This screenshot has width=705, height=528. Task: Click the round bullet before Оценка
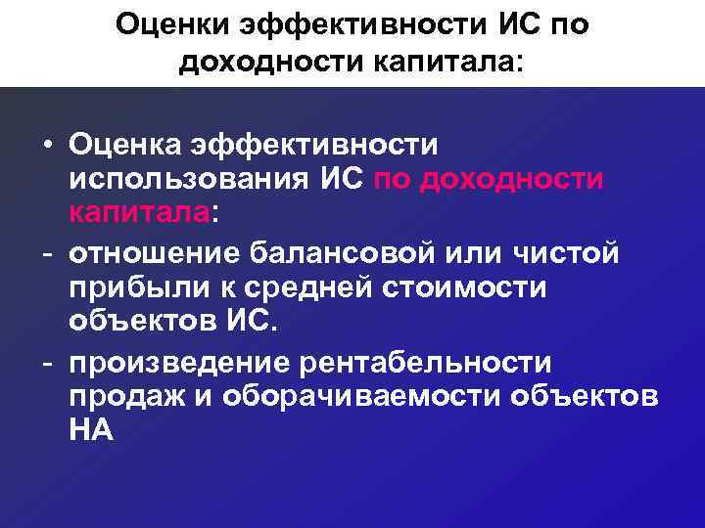point(47,146)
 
